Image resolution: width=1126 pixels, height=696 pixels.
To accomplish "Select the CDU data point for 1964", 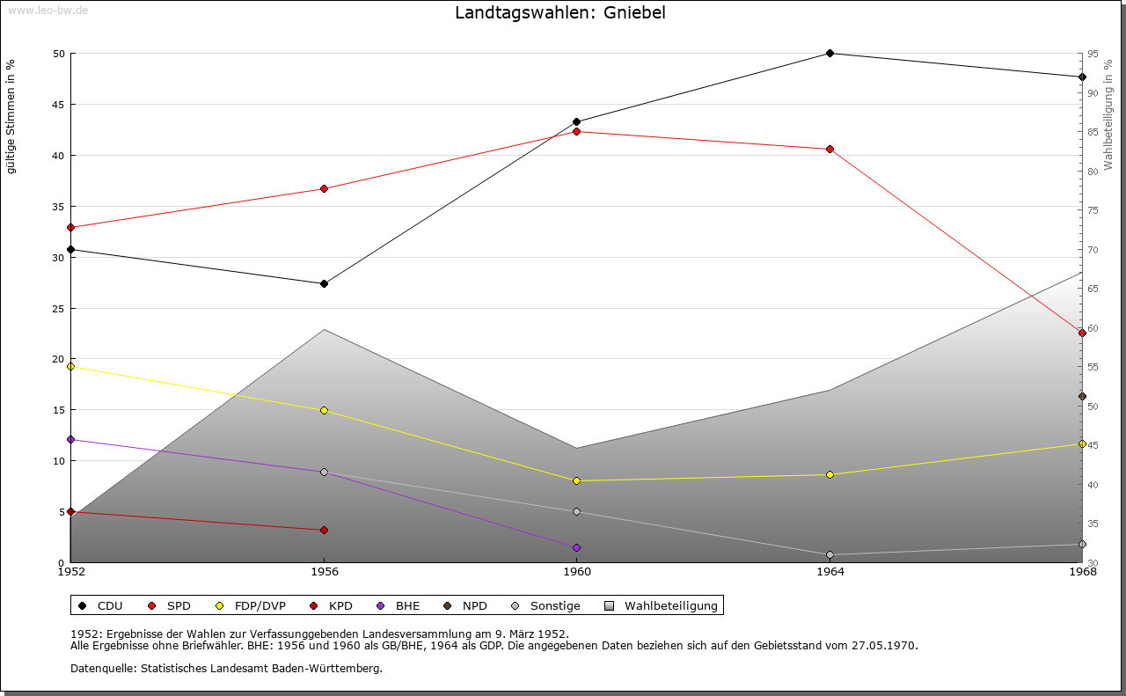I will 830,54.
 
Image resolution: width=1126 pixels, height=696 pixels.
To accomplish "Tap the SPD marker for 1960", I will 577,132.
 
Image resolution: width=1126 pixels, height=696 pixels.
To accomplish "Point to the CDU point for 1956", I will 324,284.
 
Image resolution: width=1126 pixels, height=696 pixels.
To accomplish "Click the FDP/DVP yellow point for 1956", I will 324,411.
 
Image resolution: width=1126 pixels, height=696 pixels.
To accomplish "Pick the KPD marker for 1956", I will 324,531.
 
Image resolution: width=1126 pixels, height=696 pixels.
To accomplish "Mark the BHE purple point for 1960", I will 577,548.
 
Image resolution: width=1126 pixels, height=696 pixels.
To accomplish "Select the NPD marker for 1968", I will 1083,397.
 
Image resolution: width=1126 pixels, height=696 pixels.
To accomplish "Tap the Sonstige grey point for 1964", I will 830,555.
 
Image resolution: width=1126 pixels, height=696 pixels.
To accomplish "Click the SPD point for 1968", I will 1083,333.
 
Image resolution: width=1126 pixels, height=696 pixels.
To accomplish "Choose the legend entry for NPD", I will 466,606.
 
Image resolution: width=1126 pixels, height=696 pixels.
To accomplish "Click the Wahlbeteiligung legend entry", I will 662,606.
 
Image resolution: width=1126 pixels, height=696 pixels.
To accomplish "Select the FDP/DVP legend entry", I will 250,606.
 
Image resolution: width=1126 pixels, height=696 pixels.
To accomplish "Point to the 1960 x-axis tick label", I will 577,572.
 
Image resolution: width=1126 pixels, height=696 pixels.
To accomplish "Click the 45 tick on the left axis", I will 58,105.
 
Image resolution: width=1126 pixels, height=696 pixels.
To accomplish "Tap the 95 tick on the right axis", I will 1092,54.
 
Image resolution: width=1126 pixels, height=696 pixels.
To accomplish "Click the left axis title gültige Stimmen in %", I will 11,117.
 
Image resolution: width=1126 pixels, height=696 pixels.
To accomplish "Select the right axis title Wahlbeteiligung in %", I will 1108,114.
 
